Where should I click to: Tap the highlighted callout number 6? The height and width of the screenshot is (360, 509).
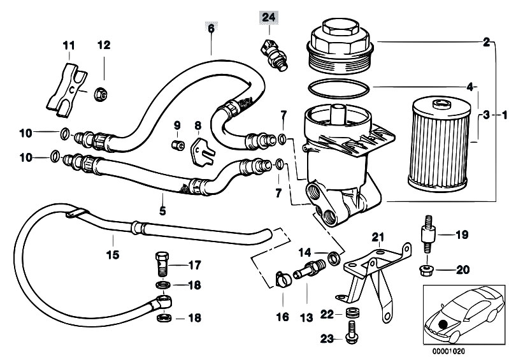click(211, 29)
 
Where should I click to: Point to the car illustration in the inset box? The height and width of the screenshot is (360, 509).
click(463, 315)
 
